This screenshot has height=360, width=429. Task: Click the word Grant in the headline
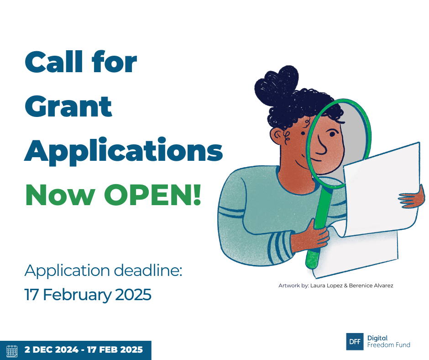coord(68,106)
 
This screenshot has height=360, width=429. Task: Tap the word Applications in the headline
coord(124,151)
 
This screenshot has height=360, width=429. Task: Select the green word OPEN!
coord(153,195)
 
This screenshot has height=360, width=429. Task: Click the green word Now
coord(60,195)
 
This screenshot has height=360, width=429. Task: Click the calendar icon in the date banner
coord(12,351)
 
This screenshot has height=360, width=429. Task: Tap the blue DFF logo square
coord(355,341)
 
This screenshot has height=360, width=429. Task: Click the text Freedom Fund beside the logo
coord(388,345)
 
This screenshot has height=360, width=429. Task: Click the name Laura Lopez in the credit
coord(326,286)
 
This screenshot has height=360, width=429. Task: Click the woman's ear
coord(278,136)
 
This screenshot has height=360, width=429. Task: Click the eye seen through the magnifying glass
coord(332,134)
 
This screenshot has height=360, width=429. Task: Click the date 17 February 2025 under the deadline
coord(88,295)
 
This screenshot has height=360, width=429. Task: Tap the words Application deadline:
coord(103,270)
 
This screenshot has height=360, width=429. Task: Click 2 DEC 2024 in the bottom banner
coord(52,349)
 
